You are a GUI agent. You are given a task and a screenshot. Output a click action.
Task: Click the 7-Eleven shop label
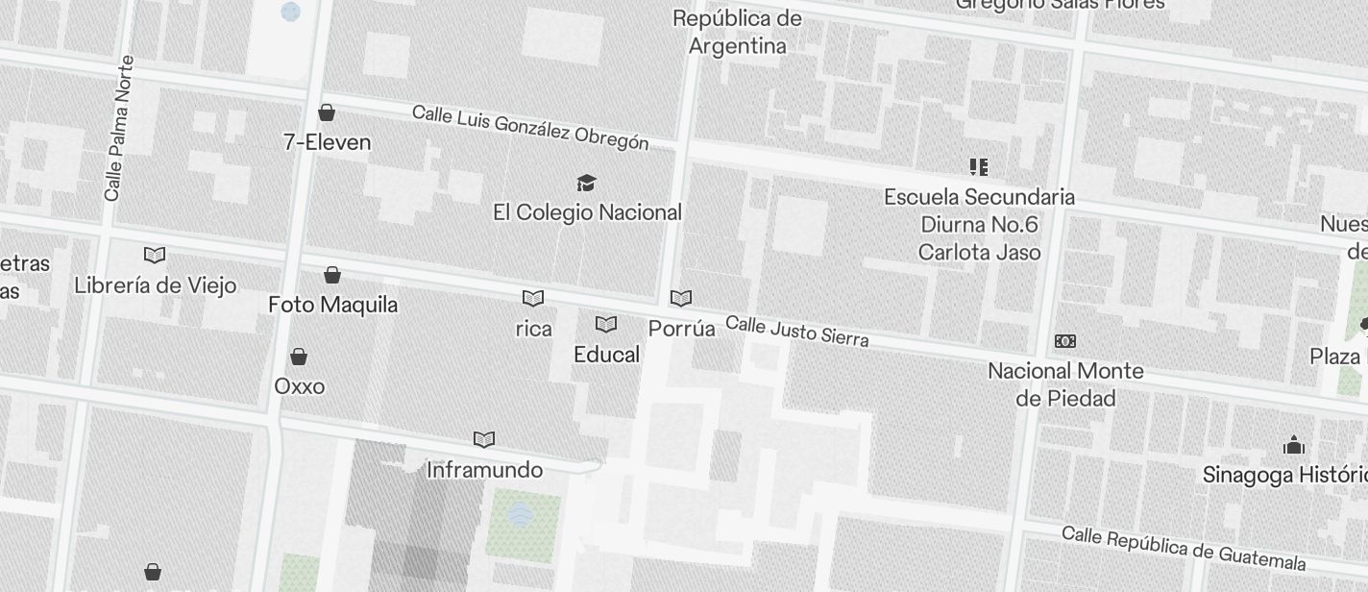click(x=327, y=142)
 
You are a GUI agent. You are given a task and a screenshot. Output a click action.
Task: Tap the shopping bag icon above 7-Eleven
click(x=327, y=112)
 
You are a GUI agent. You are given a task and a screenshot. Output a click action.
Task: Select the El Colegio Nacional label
click(x=587, y=212)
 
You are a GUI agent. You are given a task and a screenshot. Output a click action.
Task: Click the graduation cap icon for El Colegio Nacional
click(x=586, y=183)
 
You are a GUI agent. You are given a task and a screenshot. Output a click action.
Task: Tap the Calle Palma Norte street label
click(x=119, y=128)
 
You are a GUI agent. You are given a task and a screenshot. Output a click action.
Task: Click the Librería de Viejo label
click(x=155, y=285)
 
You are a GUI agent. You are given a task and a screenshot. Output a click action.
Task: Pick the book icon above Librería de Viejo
click(x=155, y=255)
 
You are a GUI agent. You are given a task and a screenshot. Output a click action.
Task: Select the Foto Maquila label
click(x=332, y=305)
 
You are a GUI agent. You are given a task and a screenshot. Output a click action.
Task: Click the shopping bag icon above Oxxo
click(x=299, y=357)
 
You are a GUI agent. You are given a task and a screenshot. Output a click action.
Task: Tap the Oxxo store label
click(x=300, y=386)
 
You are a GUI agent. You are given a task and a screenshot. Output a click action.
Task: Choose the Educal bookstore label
click(x=606, y=355)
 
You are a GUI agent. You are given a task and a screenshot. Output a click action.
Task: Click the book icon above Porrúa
click(x=681, y=299)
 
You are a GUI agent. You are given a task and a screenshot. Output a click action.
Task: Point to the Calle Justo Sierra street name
click(x=796, y=331)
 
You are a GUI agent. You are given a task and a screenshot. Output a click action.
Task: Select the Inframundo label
click(x=484, y=470)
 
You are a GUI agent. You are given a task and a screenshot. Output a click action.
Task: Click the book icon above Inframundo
click(x=484, y=440)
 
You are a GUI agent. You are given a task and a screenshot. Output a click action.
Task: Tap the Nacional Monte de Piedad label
click(x=1065, y=384)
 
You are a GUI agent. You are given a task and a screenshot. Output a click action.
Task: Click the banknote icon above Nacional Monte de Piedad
click(x=1065, y=341)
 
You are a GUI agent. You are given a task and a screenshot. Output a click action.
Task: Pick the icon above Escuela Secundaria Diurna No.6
click(x=979, y=167)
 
